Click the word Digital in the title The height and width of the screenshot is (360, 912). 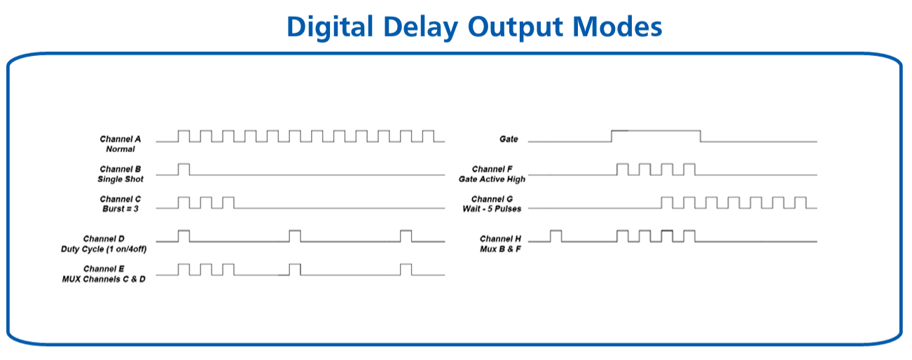tap(330, 27)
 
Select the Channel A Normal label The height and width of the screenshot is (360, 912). tap(120, 144)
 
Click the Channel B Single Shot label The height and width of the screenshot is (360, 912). tap(120, 174)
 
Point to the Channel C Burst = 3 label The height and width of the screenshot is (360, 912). tap(120, 204)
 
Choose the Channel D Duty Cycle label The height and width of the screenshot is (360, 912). tap(104, 244)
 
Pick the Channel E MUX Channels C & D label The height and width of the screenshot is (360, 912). tap(104, 274)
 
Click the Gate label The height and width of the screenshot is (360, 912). tap(509, 139)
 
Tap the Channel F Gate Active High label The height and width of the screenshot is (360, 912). tap(492, 174)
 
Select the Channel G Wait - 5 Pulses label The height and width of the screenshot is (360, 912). tap(492, 204)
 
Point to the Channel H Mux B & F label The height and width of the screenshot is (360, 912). tap(500, 244)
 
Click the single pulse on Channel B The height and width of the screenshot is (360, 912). tap(184, 164)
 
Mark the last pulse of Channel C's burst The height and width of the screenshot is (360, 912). tap(228, 198)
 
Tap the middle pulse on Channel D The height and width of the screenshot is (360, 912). tap(295, 231)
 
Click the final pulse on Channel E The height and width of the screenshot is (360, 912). tap(406, 264)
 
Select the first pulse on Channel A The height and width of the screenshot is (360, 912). tap(184, 131)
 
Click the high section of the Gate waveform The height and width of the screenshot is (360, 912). tap(656, 131)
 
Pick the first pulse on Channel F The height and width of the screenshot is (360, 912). tap(623, 164)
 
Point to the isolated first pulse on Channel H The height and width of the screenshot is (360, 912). tap(555, 231)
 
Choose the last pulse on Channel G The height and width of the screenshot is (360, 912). tap(801, 198)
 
